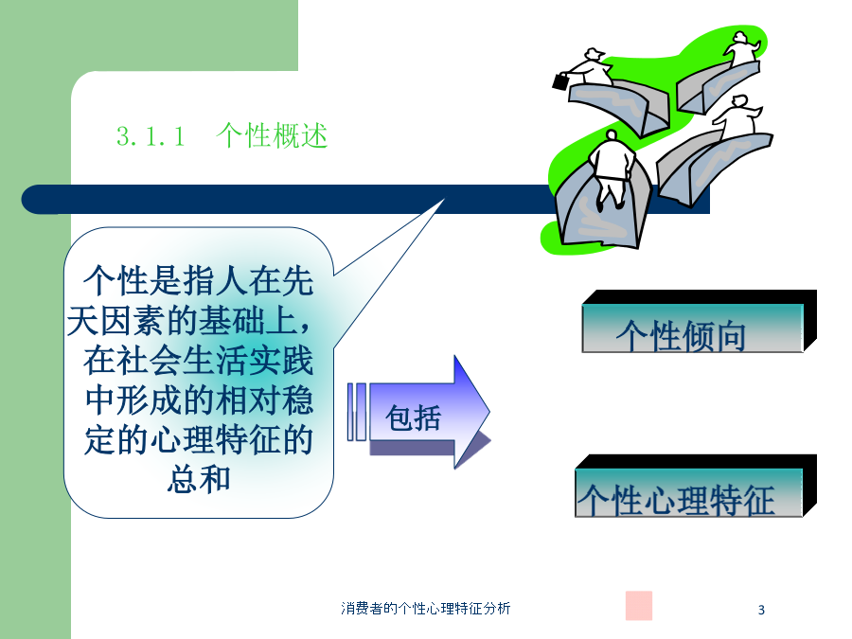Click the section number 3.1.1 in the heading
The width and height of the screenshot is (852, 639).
pos(151,135)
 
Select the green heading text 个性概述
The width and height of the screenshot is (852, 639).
pos(272,135)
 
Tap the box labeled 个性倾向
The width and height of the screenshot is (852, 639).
pos(700,322)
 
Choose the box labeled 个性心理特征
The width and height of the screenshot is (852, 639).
pos(696,487)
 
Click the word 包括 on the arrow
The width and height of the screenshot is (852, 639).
pos(413,417)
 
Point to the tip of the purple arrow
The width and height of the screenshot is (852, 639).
pos(489,413)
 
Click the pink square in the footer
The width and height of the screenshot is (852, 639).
pos(638,605)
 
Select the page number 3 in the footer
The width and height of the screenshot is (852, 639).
pos(761,610)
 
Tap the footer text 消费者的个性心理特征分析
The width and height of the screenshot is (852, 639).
pos(425,608)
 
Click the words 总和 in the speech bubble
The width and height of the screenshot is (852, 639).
pos(199,479)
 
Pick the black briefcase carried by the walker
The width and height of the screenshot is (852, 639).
pos(560,81)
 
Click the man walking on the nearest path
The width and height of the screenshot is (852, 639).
pos(612,169)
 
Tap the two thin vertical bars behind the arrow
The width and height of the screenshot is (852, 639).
pos(357,412)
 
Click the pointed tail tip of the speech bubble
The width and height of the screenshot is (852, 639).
pos(444,200)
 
